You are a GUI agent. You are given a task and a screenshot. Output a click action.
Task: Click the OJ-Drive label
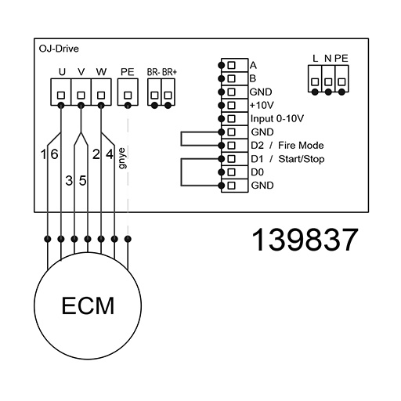[x=59, y=49]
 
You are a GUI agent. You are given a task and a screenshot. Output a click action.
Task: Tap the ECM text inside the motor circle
[x=88, y=305]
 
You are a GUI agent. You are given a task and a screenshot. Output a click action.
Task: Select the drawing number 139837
[x=305, y=240]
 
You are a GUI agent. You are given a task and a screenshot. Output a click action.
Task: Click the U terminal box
[x=61, y=92]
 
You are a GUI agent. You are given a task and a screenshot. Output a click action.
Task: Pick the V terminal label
[x=81, y=71]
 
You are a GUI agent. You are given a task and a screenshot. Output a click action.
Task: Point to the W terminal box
[x=101, y=92]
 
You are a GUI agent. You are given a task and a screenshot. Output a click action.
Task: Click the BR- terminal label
[x=154, y=72]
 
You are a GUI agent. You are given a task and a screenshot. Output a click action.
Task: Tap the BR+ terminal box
[x=168, y=92]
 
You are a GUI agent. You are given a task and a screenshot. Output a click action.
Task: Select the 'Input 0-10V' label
[x=277, y=119]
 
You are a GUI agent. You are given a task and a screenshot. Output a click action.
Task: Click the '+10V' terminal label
[x=262, y=105]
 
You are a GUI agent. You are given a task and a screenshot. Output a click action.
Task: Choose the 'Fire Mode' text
[x=301, y=145]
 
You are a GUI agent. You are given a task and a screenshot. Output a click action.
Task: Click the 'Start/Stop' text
[x=302, y=159]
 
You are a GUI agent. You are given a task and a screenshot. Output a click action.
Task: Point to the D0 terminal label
[x=257, y=172]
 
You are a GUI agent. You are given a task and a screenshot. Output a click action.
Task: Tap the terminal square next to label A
[x=231, y=65]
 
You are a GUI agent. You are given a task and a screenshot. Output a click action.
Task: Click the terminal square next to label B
[x=231, y=78]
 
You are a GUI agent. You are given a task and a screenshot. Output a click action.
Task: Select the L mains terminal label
[x=316, y=59]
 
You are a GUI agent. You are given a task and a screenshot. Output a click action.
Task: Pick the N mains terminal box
[x=328, y=78]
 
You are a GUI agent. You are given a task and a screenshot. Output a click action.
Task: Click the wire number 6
[x=54, y=154]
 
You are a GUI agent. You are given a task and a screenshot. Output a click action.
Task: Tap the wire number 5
[x=83, y=180]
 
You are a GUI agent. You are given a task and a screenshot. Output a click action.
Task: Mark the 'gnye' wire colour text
[x=122, y=158]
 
